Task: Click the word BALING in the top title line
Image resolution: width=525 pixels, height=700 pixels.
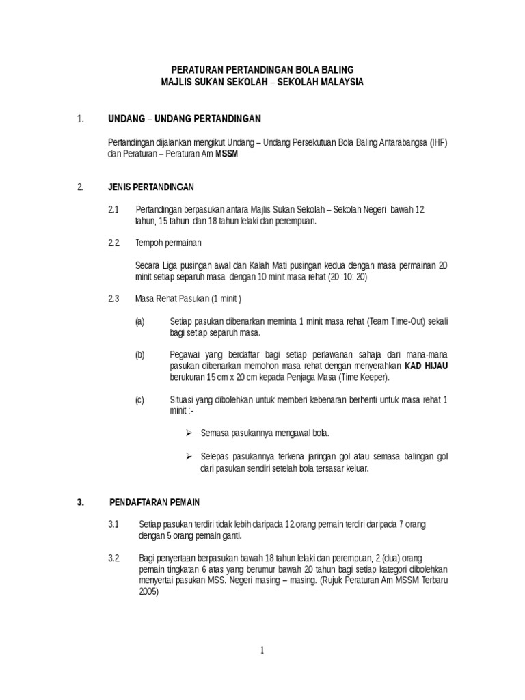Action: tap(338, 70)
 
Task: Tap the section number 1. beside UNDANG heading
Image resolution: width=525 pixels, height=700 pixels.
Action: tap(81, 120)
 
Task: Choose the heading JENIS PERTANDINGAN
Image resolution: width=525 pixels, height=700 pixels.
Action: tap(152, 187)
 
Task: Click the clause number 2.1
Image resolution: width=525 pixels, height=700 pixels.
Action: tap(114, 208)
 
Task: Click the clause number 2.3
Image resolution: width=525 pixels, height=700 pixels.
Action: tap(114, 299)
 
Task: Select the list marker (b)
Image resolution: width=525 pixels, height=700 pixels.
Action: tap(140, 355)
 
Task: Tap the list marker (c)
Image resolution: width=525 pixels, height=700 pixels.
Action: tap(140, 399)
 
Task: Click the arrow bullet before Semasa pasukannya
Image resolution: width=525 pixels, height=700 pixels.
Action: tap(189, 433)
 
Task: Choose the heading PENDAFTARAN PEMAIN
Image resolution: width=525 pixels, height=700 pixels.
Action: tap(154, 501)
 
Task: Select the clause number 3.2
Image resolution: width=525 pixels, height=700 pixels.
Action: tap(114, 557)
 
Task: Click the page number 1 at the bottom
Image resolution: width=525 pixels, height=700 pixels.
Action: tap(262, 651)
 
